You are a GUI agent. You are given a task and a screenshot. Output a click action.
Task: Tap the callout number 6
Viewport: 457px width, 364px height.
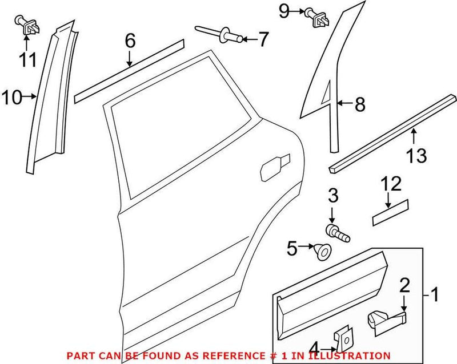click(130, 41)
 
